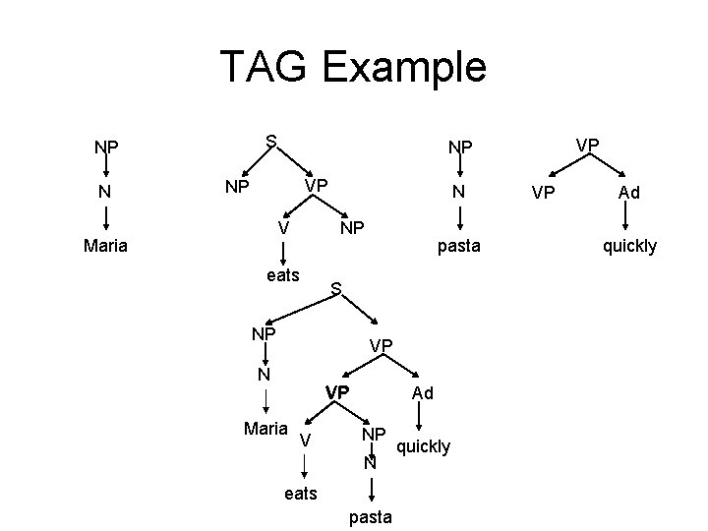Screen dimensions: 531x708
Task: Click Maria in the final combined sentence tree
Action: click(x=265, y=429)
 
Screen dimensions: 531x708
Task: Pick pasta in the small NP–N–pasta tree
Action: click(x=458, y=246)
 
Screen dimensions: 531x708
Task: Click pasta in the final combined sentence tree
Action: click(x=370, y=516)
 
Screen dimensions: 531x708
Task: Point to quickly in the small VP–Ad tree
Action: click(x=629, y=246)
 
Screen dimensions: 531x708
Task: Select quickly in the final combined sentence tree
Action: click(x=423, y=447)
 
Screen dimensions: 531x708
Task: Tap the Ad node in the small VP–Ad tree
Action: click(x=629, y=193)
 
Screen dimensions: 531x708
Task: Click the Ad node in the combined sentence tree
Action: click(x=423, y=393)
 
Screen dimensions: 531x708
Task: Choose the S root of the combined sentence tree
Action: click(x=335, y=289)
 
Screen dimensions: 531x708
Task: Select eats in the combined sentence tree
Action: click(x=301, y=494)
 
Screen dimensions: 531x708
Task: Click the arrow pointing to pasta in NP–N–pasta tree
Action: click(x=458, y=217)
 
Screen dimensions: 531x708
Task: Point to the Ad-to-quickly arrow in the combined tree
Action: click(x=421, y=420)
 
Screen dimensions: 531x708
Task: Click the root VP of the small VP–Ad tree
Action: click(x=587, y=144)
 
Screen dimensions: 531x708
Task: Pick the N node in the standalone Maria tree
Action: click(x=105, y=193)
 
